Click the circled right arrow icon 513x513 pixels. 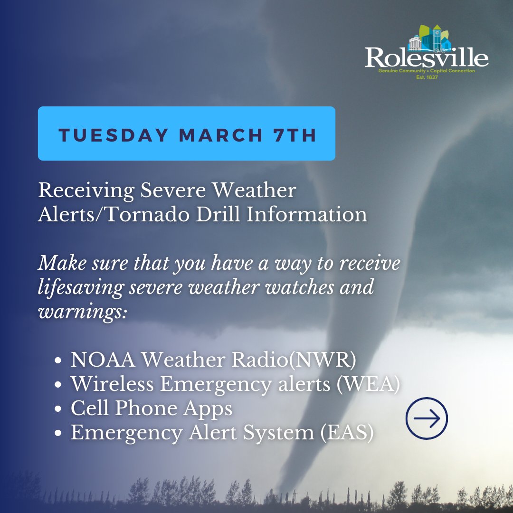click(x=427, y=418)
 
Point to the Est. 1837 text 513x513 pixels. click(x=426, y=76)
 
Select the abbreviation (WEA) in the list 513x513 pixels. click(x=368, y=384)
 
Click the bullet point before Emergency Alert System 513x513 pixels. click(x=58, y=434)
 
